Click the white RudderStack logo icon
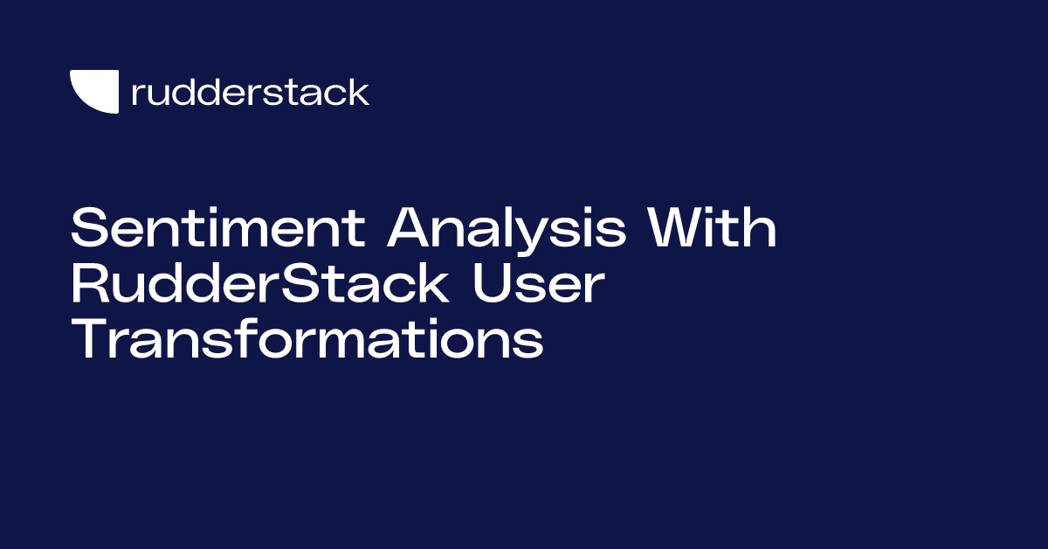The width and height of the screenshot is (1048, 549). coord(93,92)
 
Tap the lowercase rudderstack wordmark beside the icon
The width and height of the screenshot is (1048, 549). coord(250,92)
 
